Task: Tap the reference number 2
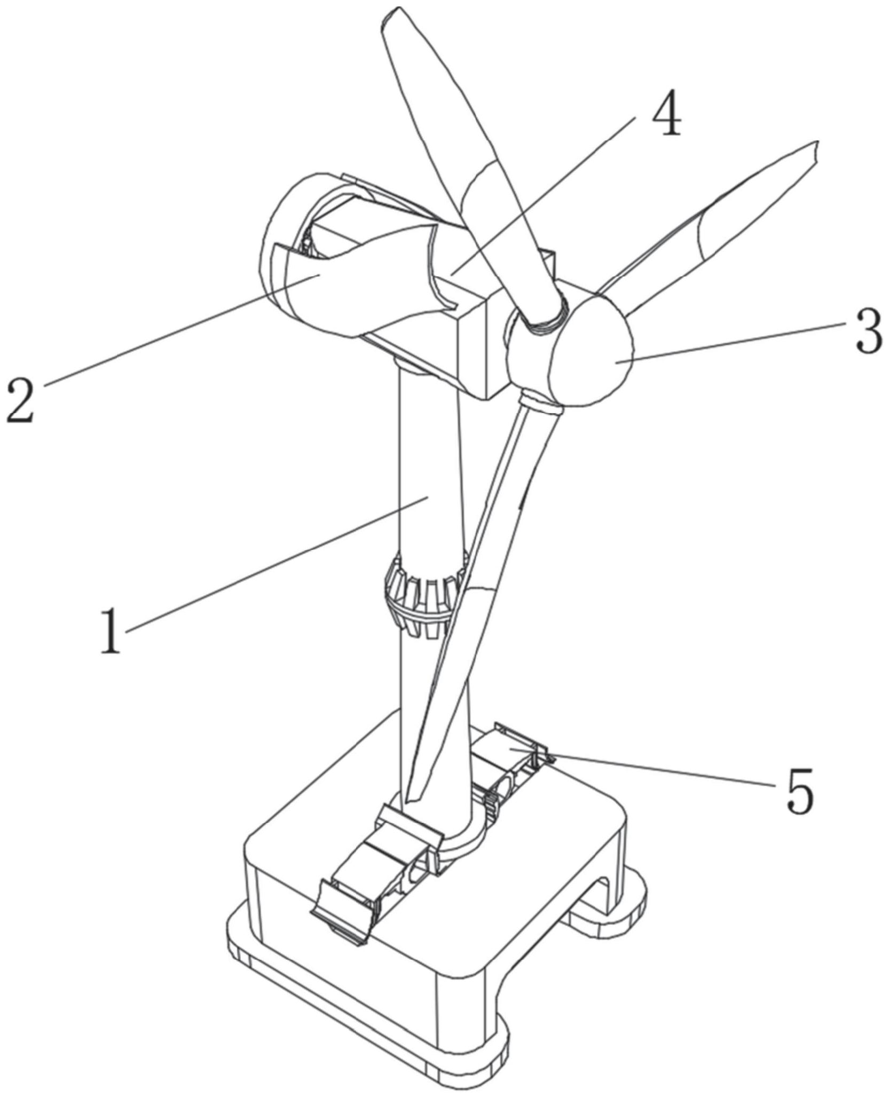[x=20, y=399]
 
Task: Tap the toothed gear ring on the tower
[x=422, y=595]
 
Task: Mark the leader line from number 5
[x=662, y=769]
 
